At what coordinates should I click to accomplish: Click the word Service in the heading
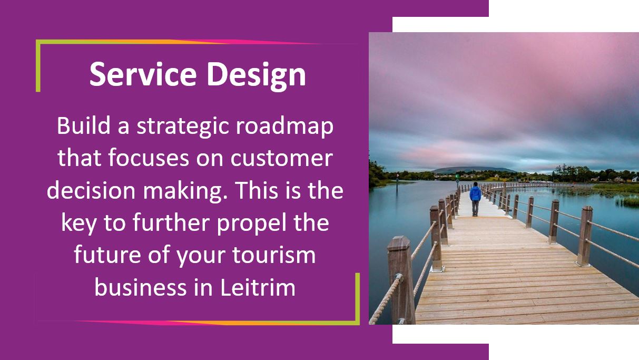point(143,74)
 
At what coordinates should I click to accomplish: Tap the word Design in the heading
point(256,76)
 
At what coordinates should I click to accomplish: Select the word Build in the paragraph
point(84,125)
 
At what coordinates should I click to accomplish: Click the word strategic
point(183,128)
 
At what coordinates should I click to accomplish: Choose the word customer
point(281,159)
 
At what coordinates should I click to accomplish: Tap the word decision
point(91,190)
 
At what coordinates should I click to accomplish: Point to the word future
point(107,255)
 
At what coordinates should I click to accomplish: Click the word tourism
point(274,255)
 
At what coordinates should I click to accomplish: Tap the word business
point(140,287)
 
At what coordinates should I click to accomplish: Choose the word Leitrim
point(258,287)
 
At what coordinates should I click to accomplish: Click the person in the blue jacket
point(475,199)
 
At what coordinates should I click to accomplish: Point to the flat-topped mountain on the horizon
point(474,170)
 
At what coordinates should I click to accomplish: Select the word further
point(171,222)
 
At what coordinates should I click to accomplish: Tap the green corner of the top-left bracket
point(38,42)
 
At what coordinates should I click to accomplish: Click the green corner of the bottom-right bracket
point(358,323)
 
